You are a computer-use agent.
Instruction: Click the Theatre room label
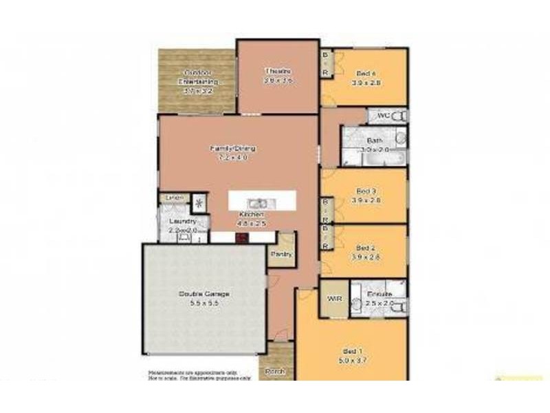tap(277, 72)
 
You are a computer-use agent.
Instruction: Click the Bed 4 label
tap(366, 74)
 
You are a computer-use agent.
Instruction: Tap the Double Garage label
tap(204, 294)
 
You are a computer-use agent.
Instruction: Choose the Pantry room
tap(281, 253)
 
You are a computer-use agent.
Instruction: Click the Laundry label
tap(183, 222)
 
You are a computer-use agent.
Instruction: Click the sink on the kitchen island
tap(258, 203)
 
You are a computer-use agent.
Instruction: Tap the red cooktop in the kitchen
tap(241, 238)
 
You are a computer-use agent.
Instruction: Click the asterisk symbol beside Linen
tap(199, 202)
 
